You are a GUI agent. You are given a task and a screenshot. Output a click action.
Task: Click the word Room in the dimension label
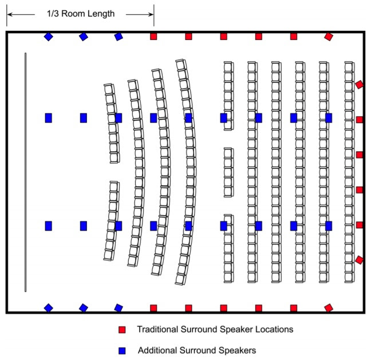pos(73,14)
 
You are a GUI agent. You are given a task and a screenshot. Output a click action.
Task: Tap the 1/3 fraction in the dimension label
pos(53,14)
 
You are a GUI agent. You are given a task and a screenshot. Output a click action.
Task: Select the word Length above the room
pos(101,14)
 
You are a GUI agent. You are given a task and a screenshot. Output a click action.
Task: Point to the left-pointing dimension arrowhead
pos(10,14)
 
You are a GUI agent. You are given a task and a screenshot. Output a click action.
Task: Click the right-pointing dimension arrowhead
pos(151,14)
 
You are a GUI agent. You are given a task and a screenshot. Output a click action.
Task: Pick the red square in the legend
pos(122,330)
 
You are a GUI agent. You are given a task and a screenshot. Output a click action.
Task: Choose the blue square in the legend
pos(122,351)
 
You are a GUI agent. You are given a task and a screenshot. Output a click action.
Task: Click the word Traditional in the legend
pos(157,329)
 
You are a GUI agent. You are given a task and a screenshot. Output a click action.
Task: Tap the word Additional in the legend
pos(157,350)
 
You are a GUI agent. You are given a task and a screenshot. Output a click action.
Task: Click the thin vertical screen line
pos(26,172)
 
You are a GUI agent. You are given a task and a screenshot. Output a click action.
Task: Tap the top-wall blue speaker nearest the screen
pos(49,37)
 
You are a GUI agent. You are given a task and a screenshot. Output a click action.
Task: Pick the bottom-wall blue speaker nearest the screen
pos(49,308)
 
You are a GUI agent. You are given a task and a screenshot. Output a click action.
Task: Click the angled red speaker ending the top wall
pos(329,37)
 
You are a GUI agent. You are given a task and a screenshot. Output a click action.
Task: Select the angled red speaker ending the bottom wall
pos(329,308)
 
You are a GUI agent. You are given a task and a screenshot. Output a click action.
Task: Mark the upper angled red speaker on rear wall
pos(359,85)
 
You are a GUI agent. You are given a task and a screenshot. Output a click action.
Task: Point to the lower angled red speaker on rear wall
pos(359,260)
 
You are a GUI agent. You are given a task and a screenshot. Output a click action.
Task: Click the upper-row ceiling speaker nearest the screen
pos(49,118)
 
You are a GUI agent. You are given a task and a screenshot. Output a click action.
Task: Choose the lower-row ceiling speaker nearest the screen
pos(49,226)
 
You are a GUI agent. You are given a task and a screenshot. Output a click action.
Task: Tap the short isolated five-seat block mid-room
pos(228,172)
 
